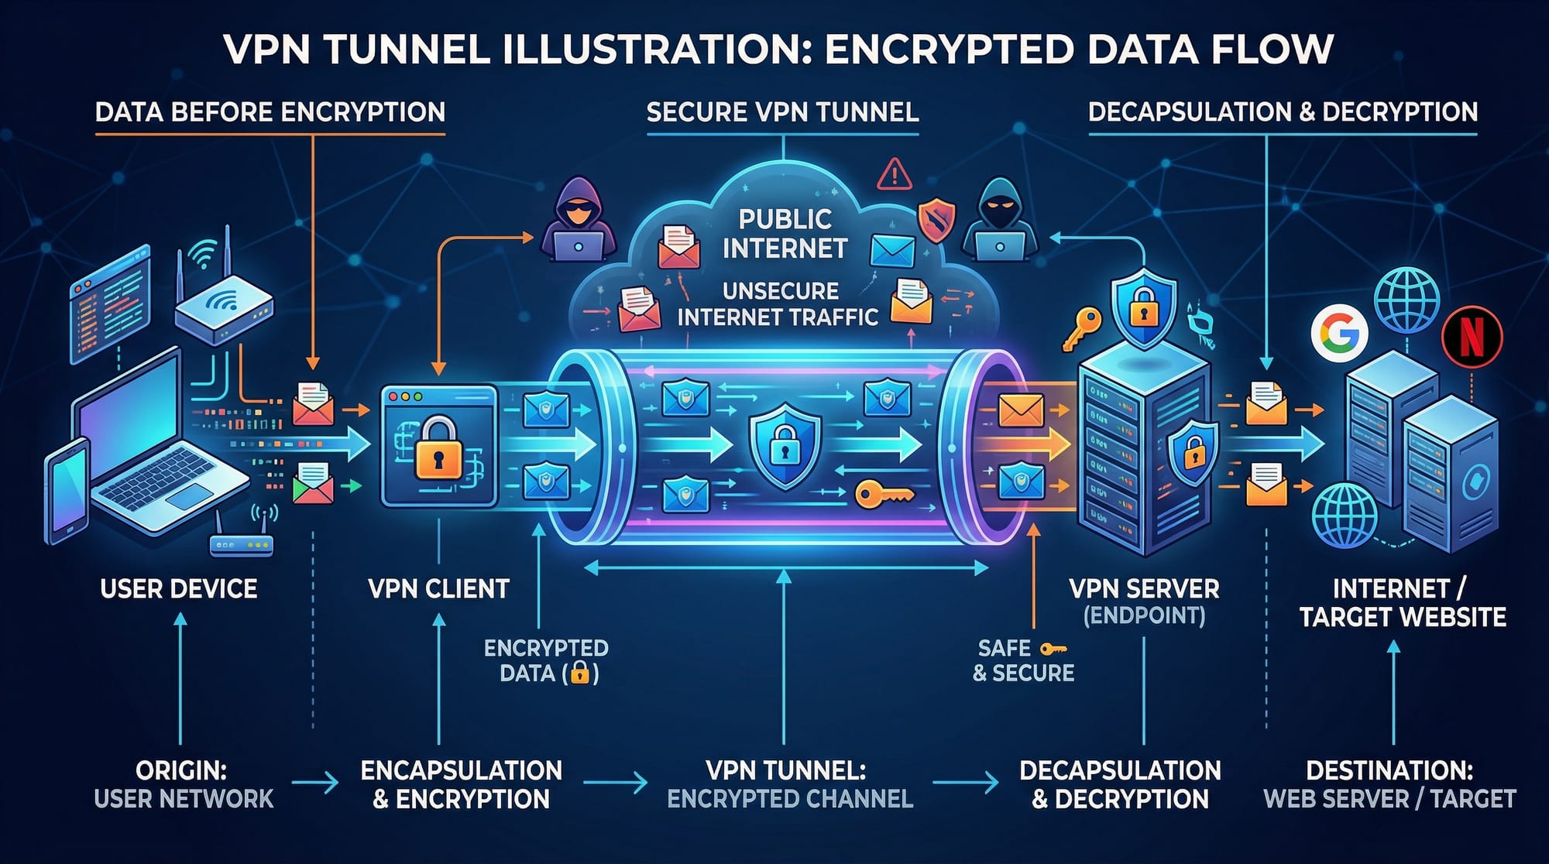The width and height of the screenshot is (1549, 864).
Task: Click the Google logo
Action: [1339, 333]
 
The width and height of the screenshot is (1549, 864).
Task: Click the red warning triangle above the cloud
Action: [895, 173]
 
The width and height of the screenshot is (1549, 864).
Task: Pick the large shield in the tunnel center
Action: [785, 445]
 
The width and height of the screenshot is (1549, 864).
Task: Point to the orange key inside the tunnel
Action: [883, 493]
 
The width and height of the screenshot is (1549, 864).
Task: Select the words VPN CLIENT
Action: [438, 589]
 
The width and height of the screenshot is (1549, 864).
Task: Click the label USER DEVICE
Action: [179, 589]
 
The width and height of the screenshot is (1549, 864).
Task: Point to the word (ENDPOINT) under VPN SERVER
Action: [1144, 616]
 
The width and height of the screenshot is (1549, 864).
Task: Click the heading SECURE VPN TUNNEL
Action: [782, 113]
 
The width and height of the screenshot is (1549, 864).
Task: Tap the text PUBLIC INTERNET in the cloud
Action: [785, 233]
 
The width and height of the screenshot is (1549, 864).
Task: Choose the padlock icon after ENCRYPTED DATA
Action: [579, 673]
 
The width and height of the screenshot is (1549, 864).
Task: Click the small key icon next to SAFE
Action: [1053, 649]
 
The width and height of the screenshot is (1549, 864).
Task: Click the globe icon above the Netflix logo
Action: [1406, 299]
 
